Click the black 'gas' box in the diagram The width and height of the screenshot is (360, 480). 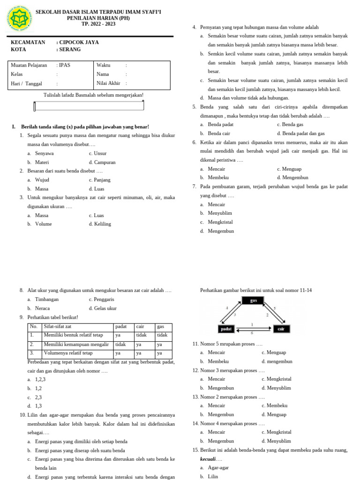coord(254,300)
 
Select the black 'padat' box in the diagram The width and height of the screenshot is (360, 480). coord(227,329)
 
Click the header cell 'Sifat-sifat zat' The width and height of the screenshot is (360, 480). coord(57,326)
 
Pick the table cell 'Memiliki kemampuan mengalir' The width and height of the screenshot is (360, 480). coord(72,344)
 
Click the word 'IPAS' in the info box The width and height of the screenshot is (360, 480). coord(63,65)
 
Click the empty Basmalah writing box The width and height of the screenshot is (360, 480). coord(89,106)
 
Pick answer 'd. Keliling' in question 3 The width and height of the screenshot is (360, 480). coord(100,224)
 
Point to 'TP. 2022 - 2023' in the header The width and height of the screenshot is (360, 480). coord(98,23)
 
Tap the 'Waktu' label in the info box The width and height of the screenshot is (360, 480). coord(104,65)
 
